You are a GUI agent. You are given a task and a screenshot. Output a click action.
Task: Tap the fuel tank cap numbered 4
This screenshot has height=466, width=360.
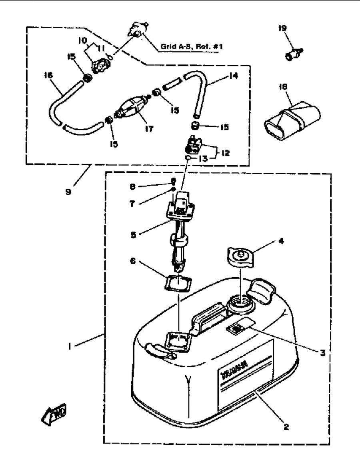tap(240, 256)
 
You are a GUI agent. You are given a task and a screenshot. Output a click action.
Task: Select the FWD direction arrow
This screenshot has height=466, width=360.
tap(54, 414)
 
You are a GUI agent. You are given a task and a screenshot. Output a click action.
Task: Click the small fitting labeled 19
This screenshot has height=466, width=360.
tap(294, 54)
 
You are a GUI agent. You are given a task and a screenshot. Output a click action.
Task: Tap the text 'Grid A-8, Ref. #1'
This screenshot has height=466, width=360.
tap(192, 46)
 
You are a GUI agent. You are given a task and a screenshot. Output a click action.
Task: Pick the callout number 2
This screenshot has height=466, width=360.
tap(286, 427)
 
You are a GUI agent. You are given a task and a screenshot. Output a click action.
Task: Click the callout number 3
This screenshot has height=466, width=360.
tap(322, 353)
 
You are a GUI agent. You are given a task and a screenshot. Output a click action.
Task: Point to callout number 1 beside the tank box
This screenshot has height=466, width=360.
tap(70, 346)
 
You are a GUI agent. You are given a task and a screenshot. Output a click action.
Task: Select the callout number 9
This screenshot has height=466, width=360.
tap(68, 192)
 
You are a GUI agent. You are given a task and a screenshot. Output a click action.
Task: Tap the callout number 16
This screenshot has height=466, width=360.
tap(48, 75)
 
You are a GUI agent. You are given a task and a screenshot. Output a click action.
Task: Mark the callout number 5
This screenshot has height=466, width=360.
tap(134, 235)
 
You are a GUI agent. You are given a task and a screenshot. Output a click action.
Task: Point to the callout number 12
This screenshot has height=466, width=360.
tap(226, 153)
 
